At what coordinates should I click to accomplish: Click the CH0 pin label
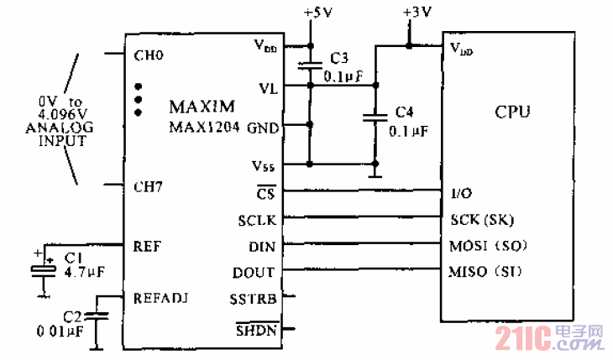pos(148,57)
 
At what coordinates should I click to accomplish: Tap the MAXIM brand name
pos(201,107)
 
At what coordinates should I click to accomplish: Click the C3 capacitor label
pos(338,58)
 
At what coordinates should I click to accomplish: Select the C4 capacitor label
pos(405,112)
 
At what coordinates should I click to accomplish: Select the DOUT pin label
pos(253,273)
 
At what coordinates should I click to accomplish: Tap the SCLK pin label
pos(255,221)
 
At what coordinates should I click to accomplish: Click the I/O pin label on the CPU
pos(462,192)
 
